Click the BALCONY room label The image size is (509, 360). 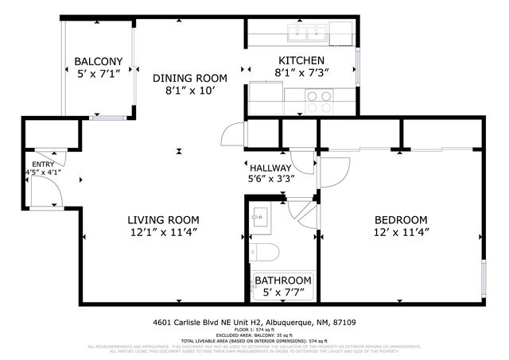click(x=98, y=62)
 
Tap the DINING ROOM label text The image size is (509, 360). click(x=189, y=78)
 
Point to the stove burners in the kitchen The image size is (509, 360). click(x=319, y=101)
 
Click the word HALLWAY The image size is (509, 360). click(x=270, y=168)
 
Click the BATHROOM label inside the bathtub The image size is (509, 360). click(x=282, y=281)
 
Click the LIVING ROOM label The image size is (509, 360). click(x=163, y=219)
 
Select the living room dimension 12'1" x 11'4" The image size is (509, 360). click(x=163, y=232)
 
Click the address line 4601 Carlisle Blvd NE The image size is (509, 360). click(x=254, y=323)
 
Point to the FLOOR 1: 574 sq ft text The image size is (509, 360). click(x=254, y=331)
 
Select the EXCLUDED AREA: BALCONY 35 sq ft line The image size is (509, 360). click(x=254, y=336)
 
